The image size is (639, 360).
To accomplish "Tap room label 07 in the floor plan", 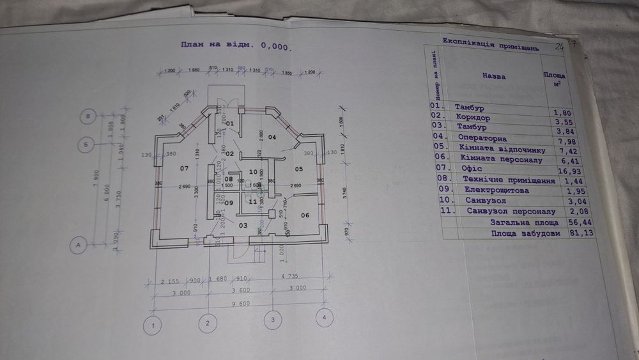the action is [185, 168].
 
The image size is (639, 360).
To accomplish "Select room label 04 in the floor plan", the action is [271, 137].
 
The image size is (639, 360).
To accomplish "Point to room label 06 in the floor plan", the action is [304, 215].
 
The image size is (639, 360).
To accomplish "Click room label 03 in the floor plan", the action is [243, 225].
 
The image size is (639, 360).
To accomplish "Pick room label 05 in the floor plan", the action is [298, 169].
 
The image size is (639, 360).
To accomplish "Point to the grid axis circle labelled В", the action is [89, 117].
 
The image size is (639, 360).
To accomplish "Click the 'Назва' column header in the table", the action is [494, 76].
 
